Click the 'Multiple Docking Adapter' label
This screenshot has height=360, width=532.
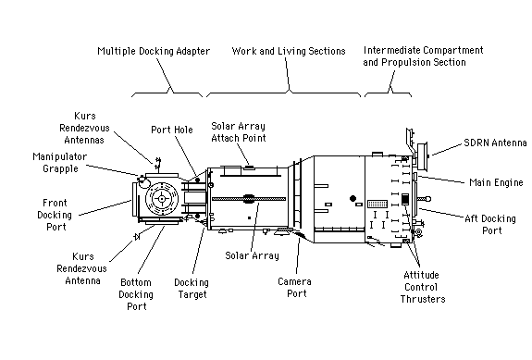pyautogui.click(x=154, y=51)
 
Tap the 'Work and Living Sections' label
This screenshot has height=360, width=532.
pyautogui.click(x=289, y=51)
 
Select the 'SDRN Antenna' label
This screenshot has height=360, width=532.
pyautogui.click(x=495, y=143)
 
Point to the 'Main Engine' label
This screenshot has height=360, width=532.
pyautogui.click(x=496, y=182)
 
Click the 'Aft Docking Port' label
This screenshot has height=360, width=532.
pyautogui.click(x=490, y=225)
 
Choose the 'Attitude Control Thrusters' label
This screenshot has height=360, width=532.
pyautogui.click(x=423, y=287)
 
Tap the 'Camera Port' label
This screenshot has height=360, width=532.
pyautogui.click(x=295, y=288)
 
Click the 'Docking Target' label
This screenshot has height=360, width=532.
pyautogui.click(x=192, y=289)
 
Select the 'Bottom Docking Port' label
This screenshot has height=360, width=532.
pyautogui.click(x=136, y=294)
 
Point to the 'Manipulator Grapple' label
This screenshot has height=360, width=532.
pyautogui.click(x=60, y=163)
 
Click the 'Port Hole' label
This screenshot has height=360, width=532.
pyautogui.click(x=172, y=130)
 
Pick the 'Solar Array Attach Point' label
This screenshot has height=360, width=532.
pyautogui.click(x=239, y=132)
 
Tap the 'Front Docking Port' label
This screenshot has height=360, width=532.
pyautogui.click(x=55, y=215)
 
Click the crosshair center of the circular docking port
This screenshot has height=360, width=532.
pyautogui.click(x=162, y=199)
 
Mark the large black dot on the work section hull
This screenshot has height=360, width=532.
pyautogui.click(x=353, y=198)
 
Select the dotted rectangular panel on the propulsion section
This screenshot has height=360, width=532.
pyautogui.click(x=377, y=204)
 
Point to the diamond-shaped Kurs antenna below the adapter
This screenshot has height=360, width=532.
pyautogui.click(x=137, y=237)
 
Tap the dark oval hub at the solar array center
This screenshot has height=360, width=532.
pyautogui.click(x=249, y=199)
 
